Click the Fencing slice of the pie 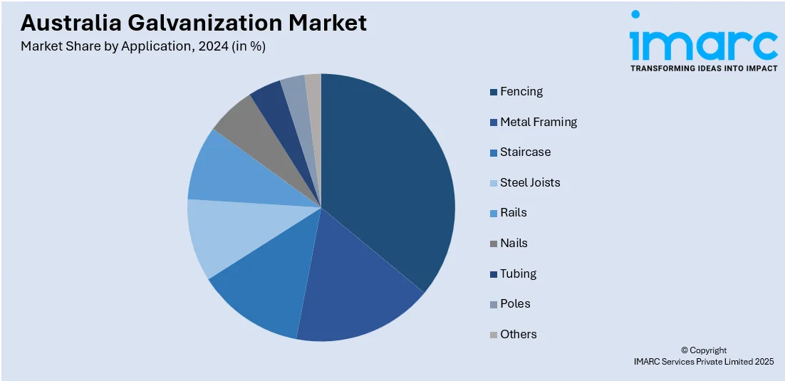(388, 178)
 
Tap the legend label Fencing (521, 92)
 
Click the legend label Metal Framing (539, 122)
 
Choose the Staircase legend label (526, 152)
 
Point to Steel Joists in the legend (530, 183)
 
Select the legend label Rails (514, 213)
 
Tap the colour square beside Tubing (493, 274)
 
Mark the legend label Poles (515, 304)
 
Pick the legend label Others (519, 335)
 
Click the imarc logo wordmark (703, 44)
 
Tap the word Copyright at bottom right (708, 350)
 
